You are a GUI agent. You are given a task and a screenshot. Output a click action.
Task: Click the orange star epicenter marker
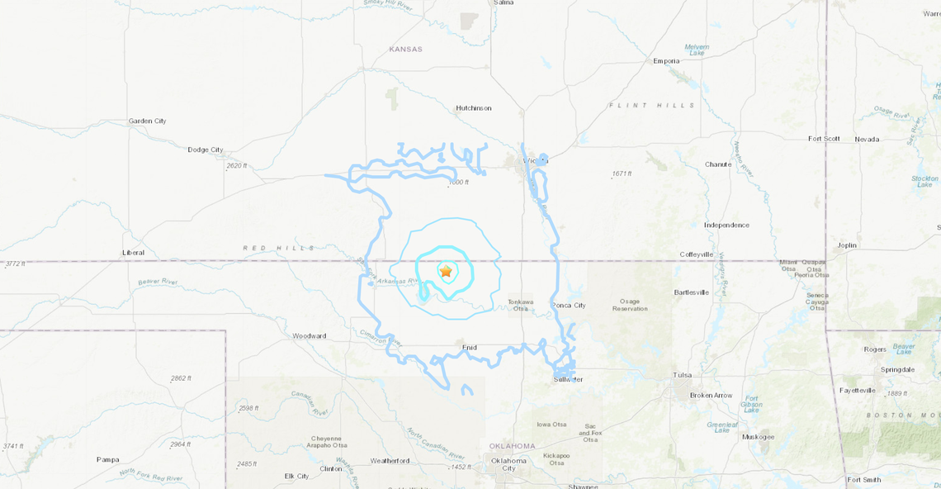446,271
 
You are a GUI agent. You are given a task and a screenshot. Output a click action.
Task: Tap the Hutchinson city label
474,108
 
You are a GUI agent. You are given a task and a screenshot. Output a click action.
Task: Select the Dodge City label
206,150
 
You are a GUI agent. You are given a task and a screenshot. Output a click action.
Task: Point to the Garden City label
147,121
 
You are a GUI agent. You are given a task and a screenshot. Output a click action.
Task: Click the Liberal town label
133,252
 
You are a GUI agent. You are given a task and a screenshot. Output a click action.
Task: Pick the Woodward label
309,336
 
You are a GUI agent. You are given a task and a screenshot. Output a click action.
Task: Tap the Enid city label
470,348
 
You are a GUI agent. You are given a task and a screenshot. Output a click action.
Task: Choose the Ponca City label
568,305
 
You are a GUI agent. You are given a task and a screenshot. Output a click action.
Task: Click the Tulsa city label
682,374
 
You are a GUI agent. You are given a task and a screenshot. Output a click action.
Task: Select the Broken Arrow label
711,395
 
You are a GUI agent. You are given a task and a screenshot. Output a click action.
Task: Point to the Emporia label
666,61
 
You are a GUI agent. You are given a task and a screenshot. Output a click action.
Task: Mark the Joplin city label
846,245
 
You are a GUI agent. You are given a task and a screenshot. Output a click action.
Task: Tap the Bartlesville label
692,292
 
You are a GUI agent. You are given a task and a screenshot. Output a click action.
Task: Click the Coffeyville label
696,254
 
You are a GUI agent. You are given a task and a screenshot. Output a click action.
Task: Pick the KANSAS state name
405,50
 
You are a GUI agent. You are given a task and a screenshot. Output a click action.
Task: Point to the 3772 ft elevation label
16,263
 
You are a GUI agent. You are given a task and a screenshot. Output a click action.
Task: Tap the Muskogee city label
758,437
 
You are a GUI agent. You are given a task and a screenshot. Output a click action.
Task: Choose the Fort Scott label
824,139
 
